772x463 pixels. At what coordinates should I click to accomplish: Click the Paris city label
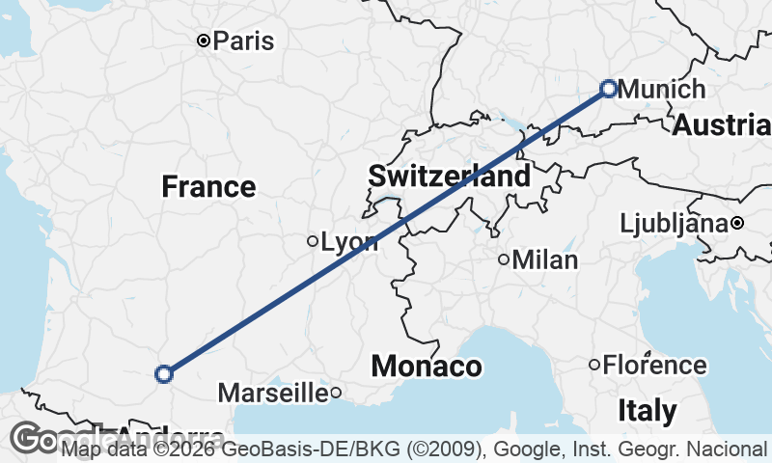click(243, 41)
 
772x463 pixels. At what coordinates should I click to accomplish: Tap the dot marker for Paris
click(203, 41)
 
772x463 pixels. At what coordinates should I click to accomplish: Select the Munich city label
click(662, 90)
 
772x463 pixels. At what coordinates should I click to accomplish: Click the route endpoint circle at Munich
click(609, 88)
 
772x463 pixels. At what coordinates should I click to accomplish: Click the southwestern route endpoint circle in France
click(164, 373)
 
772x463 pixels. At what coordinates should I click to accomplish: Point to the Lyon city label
click(349, 242)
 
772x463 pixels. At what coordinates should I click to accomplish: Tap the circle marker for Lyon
click(313, 241)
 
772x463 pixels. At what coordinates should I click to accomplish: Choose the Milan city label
click(545, 259)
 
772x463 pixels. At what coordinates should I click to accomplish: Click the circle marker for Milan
click(504, 259)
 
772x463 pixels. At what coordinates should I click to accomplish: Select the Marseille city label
click(273, 393)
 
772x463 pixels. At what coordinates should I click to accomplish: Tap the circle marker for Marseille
click(336, 392)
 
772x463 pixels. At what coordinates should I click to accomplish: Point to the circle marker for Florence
click(594, 365)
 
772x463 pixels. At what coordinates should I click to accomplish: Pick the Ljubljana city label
click(674, 224)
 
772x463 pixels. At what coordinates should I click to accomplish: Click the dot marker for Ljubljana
click(736, 223)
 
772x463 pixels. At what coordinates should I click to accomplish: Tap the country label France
click(208, 186)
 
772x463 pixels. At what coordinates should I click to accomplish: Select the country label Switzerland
click(449, 177)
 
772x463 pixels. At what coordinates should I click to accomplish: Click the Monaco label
click(426, 367)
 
